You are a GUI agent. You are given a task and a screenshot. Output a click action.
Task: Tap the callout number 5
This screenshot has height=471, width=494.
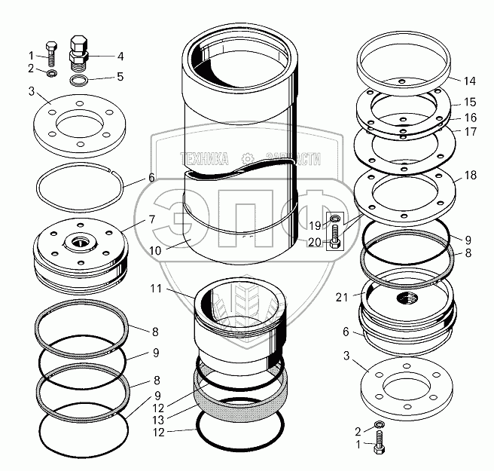tap(120, 77)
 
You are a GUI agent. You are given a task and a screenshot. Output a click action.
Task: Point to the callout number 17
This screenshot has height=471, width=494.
tap(471, 130)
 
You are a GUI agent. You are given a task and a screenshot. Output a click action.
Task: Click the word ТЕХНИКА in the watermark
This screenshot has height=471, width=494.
tap(203, 159)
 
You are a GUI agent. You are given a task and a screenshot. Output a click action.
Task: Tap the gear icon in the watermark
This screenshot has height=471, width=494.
tap(246, 159)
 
